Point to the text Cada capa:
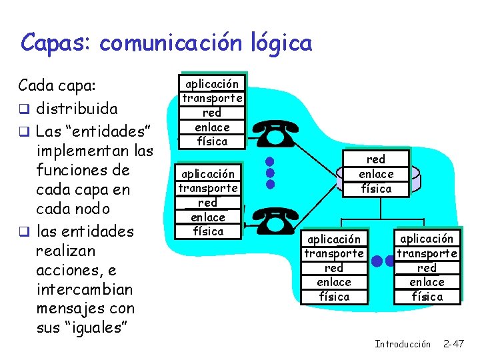pyautogui.click(x=57, y=86)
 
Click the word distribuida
pyautogui.click(x=77, y=108)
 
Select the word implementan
pyautogui.click(x=78, y=150)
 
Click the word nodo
pyautogui.click(x=92, y=208)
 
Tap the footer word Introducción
pyautogui.click(x=403, y=344)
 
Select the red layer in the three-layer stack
pyautogui.click(x=376, y=159)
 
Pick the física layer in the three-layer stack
pyautogui.click(x=376, y=189)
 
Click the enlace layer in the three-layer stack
pyautogui.click(x=376, y=174)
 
